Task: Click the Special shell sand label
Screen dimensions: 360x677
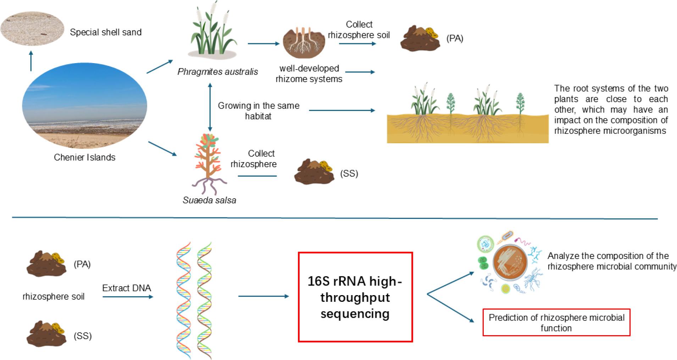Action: tap(106, 32)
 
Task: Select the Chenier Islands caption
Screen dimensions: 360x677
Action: tap(84, 157)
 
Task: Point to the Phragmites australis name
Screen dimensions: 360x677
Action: tap(218, 72)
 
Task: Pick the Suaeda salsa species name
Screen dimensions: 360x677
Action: tap(209, 200)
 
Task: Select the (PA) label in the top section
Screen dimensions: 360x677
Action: tap(455, 39)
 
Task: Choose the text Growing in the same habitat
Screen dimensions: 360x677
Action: tap(259, 111)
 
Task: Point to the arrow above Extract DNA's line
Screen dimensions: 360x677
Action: tap(128, 297)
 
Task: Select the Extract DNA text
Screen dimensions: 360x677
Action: tap(127, 288)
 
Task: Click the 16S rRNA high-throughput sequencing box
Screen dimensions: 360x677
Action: tap(355, 297)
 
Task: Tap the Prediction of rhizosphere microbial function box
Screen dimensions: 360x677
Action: tap(556, 322)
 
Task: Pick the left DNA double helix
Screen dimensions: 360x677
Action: tap(184, 300)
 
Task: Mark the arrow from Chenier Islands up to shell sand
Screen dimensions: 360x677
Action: tap(31, 61)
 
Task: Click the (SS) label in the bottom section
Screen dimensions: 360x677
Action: tap(83, 336)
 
